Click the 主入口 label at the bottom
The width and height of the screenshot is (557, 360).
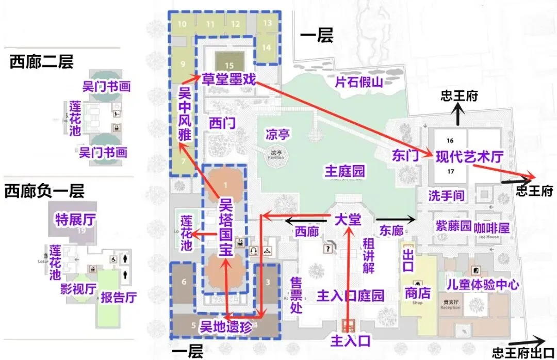351,340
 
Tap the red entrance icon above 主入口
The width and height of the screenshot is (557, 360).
349,325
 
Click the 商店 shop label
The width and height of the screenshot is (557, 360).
417,293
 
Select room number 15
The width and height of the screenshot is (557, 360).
230,66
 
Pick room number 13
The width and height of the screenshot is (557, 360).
267,23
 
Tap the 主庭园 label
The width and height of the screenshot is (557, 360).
345,171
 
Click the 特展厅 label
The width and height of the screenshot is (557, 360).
75,221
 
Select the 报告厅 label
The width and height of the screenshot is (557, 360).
118,297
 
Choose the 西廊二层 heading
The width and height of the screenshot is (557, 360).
41,62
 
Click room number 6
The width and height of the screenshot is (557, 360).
184,282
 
